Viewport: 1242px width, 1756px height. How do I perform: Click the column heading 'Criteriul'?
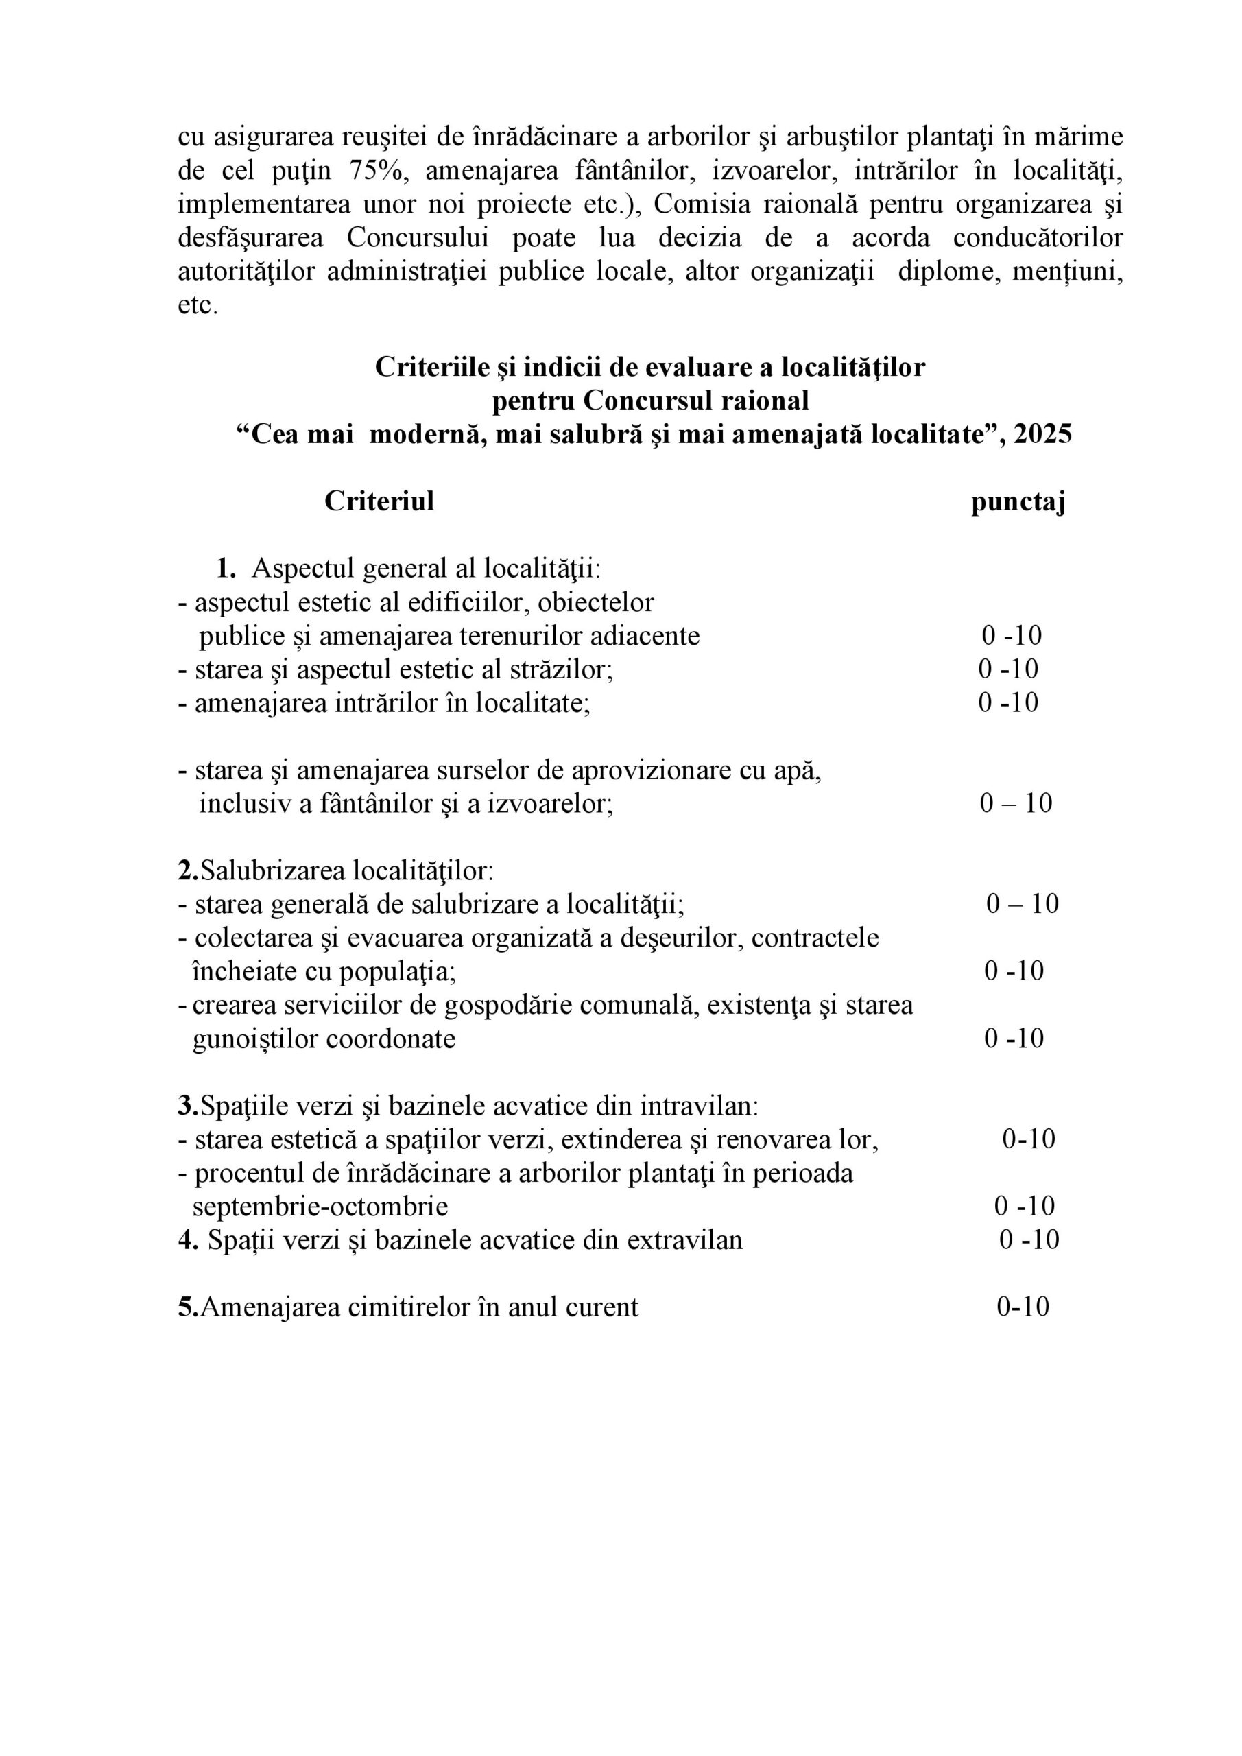tap(379, 501)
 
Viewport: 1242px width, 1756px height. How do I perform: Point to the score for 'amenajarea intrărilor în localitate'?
tap(1008, 702)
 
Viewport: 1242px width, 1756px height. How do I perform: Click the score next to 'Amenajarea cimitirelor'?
tap(1023, 1307)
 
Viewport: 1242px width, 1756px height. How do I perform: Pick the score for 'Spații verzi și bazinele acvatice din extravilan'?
tap(1029, 1239)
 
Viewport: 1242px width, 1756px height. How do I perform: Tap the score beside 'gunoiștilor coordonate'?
tap(1014, 1039)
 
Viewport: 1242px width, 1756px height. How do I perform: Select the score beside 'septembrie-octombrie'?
tap(1024, 1206)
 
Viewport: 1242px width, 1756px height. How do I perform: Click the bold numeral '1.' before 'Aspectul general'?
tap(226, 568)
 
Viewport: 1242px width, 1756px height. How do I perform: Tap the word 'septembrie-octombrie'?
tap(320, 1207)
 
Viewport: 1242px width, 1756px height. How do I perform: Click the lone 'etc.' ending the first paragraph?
tap(198, 305)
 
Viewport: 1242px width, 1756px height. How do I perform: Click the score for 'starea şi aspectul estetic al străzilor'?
tap(1008, 669)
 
